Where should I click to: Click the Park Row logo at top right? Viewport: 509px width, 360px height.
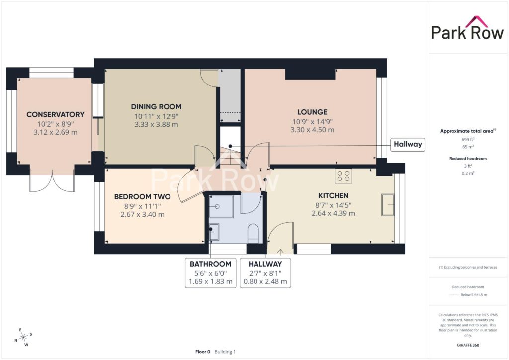coord(467,28)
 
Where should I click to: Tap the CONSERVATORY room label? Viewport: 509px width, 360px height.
coord(56,114)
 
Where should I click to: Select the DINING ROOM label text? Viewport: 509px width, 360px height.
coord(156,107)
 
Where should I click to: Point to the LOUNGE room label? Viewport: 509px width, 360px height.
coord(312,112)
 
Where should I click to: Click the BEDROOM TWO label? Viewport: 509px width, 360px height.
coord(142,197)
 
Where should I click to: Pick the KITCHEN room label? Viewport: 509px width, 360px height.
coord(333,196)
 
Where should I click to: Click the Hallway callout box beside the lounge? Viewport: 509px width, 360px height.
coord(408,144)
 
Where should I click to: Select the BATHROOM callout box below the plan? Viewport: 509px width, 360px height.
coord(210,272)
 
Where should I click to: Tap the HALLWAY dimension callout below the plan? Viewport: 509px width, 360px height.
coord(265,272)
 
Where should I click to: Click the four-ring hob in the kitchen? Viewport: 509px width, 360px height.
coord(343,176)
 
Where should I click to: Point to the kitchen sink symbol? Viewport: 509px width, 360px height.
coord(388,205)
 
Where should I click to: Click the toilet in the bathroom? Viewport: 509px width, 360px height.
coord(253,234)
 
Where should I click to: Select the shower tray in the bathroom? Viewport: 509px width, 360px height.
coord(221,207)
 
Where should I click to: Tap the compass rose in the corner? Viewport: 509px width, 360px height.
coord(23,338)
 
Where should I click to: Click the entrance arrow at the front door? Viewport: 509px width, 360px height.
coord(280,252)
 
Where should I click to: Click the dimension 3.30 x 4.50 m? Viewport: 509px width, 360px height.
coord(312,130)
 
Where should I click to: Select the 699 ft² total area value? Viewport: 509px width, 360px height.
coord(468,140)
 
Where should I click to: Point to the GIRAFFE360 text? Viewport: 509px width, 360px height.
coord(468,345)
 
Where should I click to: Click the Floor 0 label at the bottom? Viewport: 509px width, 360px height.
coord(203,352)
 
